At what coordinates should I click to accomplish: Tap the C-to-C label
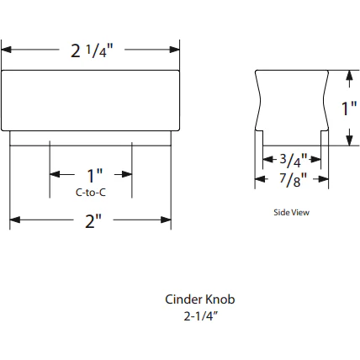pyautogui.click(x=91, y=192)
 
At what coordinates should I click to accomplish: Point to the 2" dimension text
pyautogui.click(x=92, y=223)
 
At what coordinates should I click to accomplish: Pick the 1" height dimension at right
pyautogui.click(x=348, y=108)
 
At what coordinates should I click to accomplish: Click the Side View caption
pyautogui.click(x=292, y=212)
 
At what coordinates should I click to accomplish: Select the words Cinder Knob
pyautogui.click(x=199, y=299)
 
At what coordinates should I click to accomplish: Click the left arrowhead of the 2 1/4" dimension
pyautogui.click(x=6, y=50)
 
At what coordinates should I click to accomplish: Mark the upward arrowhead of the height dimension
pyautogui.click(x=349, y=76)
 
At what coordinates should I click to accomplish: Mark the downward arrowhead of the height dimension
pyautogui.click(x=349, y=140)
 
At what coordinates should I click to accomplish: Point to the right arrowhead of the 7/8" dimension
pyautogui.click(x=324, y=178)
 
